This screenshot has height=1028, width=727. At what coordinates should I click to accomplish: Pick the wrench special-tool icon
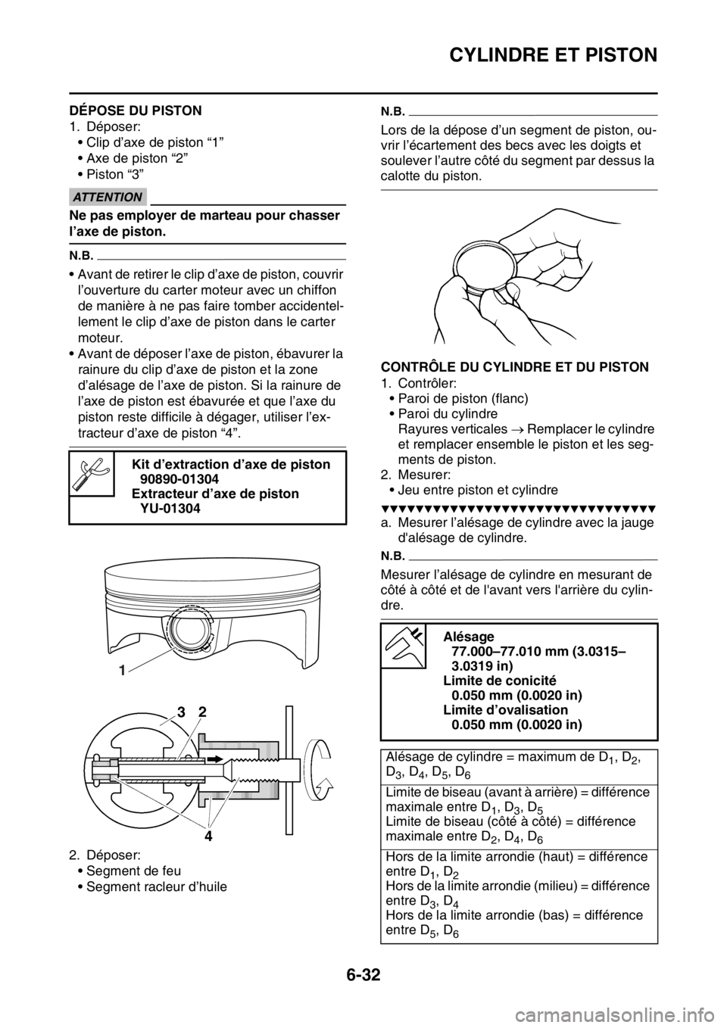click(91, 473)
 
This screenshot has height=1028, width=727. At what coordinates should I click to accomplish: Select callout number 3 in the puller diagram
click(181, 712)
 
